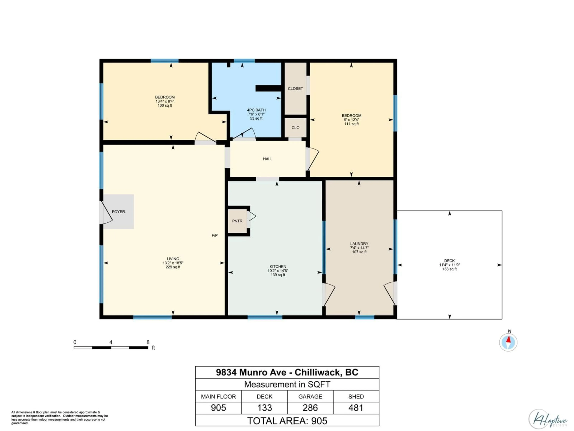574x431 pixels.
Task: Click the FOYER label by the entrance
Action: coord(118,212)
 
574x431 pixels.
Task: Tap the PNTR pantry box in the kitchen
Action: coord(237,221)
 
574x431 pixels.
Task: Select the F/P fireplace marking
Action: coord(215,235)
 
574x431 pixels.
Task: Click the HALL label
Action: coord(268,159)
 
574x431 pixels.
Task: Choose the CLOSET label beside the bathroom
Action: coord(295,89)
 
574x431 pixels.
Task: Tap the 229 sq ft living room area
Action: coord(173,267)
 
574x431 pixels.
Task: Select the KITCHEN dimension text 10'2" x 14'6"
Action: coord(278,271)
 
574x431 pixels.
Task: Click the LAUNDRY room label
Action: coord(359,244)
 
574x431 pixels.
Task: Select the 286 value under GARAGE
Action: coord(310,408)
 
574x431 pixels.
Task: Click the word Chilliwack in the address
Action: coord(318,372)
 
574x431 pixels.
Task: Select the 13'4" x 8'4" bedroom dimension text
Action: coord(165,101)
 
